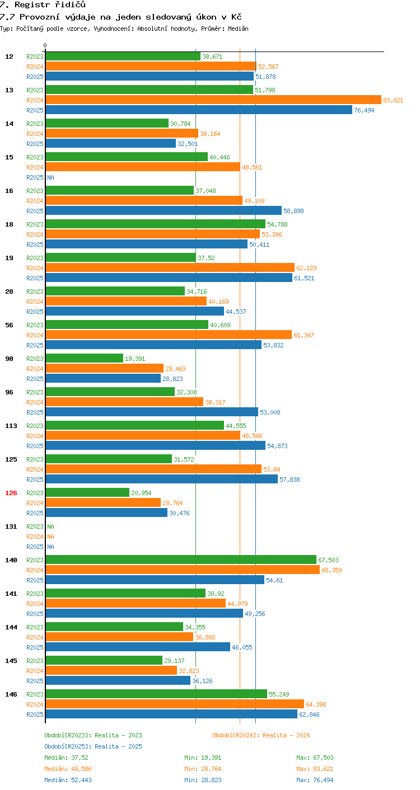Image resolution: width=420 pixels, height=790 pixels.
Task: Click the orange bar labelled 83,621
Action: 213,100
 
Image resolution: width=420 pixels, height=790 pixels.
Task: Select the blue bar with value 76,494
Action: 199,110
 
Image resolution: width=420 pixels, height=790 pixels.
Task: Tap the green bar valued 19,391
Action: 85,358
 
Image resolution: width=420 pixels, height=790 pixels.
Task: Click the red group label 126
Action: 11,493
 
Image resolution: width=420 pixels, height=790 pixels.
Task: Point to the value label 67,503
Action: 328,560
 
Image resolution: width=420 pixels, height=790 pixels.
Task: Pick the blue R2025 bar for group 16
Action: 164,210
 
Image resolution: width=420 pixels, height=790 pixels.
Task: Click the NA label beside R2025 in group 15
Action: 51,177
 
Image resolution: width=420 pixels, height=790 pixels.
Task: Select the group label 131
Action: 11,526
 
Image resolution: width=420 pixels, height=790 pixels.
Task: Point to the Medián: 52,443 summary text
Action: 68,780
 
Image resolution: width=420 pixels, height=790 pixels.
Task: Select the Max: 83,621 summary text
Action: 315,769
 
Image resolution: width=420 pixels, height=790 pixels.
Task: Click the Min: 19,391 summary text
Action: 203,758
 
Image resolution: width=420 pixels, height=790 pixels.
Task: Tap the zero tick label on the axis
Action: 45,45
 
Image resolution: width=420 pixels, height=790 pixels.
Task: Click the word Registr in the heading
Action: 32,5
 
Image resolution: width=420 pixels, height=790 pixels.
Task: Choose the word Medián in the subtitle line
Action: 238,29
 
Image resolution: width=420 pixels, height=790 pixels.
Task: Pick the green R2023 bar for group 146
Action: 156,694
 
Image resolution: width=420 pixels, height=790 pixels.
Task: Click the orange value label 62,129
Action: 306,268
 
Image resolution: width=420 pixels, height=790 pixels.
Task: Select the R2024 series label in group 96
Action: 35,402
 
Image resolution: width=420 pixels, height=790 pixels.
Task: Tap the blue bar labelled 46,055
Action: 138,647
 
